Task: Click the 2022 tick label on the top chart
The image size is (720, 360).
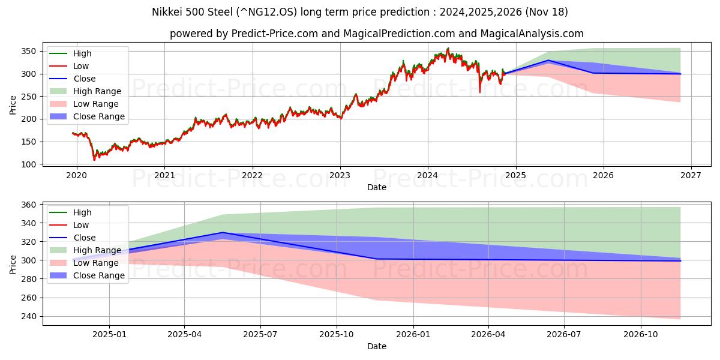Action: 252,176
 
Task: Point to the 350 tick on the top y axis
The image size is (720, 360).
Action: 30,52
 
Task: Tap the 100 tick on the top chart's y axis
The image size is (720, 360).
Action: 30,164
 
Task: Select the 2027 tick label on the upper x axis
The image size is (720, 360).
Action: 691,176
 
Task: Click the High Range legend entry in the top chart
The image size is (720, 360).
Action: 97,91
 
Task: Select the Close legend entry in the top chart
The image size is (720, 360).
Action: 84,79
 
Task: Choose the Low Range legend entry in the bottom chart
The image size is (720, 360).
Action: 96,263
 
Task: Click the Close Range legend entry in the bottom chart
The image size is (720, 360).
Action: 99,275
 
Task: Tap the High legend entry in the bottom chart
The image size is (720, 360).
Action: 82,212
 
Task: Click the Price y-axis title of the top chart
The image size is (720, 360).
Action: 13,106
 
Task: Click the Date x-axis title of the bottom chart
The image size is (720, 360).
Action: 377,346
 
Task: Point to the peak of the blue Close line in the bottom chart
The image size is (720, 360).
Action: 223,232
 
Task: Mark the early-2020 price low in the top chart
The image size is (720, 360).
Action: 94,159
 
